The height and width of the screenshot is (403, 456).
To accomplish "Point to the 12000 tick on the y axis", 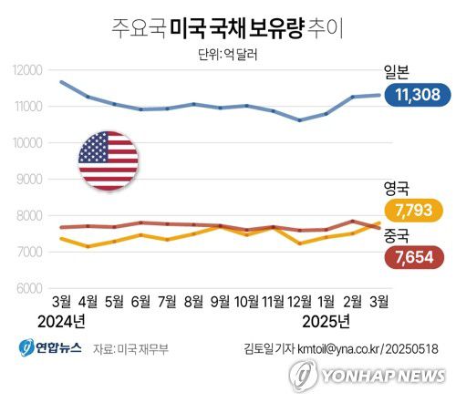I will point(27,70).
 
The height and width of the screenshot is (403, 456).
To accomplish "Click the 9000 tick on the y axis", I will point(29,180).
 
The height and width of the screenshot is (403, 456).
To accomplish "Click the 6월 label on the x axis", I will point(140,301).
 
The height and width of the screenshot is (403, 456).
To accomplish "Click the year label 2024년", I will point(61,321).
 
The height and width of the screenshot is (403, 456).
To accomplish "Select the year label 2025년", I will point(326,321).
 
